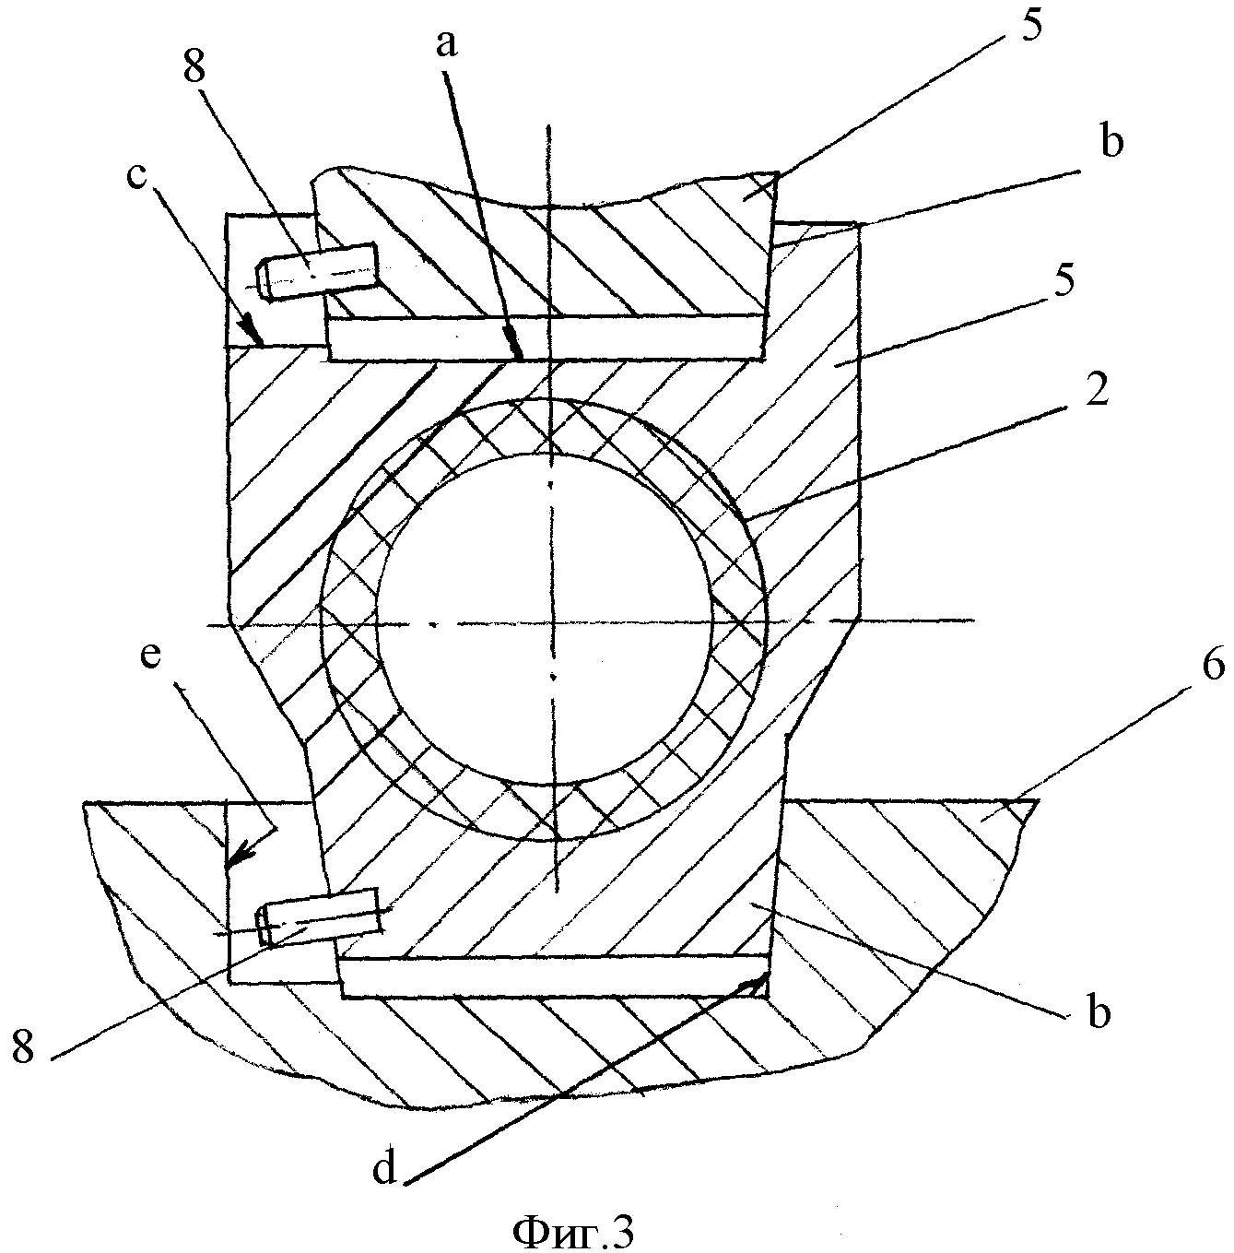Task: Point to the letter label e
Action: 150,656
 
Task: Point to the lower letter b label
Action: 1099,1011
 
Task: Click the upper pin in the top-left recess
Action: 318,270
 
